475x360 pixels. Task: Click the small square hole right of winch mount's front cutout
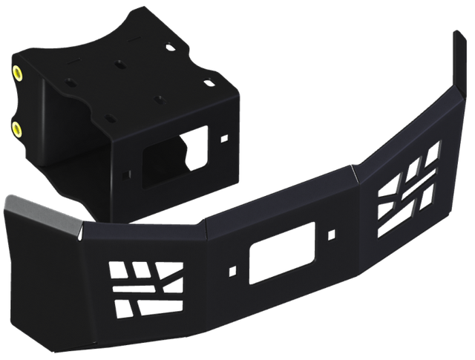[224, 137]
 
